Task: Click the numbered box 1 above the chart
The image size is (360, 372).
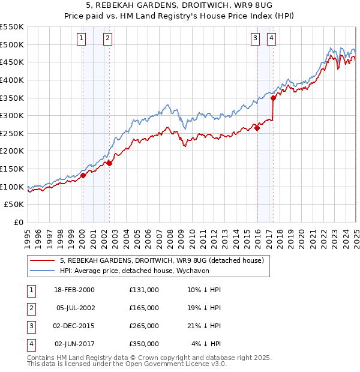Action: tap(82, 39)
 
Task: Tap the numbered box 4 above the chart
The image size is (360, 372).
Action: tap(272, 39)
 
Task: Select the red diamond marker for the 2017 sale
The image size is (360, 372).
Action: tap(273, 98)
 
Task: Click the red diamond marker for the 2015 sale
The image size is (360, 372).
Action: tap(257, 128)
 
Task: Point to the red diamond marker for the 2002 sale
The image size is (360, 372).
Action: tap(109, 163)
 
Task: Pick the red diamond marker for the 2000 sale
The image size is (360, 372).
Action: tap(83, 175)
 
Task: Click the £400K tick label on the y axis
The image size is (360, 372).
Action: tap(11, 80)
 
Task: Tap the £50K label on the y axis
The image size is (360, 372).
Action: tap(14, 205)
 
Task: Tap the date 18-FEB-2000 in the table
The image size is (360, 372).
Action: tap(74, 290)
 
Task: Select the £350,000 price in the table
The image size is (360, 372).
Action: tap(143, 344)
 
